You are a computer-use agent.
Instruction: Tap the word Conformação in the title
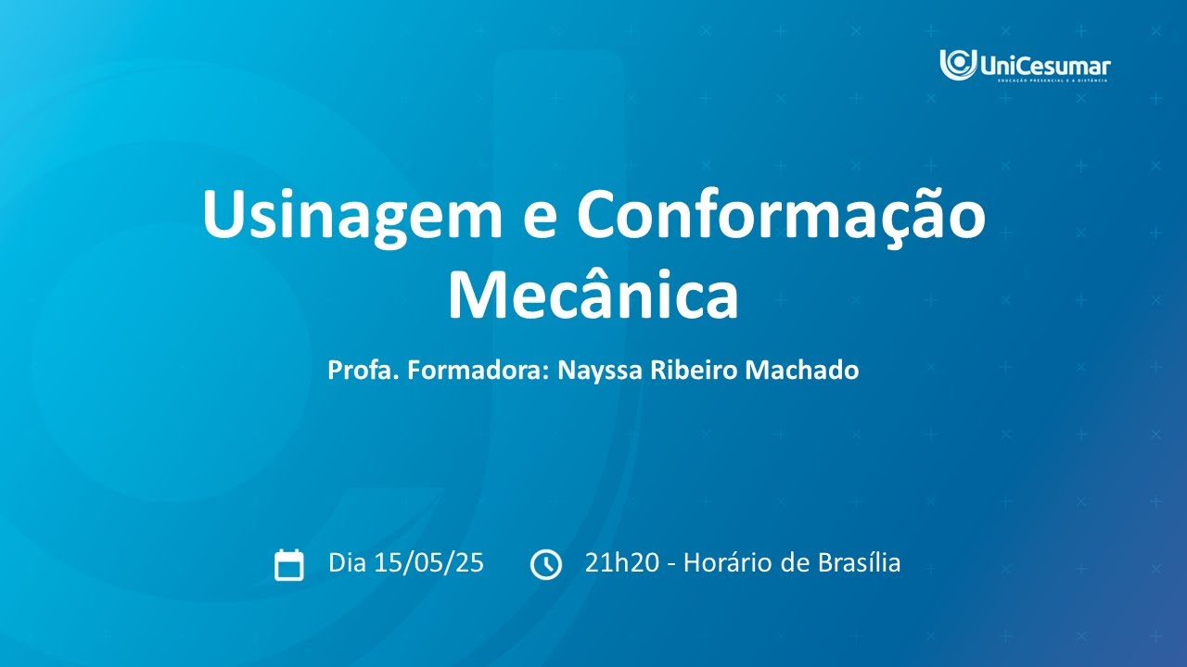click(x=781, y=216)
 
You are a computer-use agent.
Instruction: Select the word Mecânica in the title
click(x=593, y=295)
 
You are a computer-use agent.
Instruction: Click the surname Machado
click(x=806, y=371)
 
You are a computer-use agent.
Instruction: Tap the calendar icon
click(x=289, y=564)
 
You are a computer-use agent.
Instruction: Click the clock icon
click(x=545, y=564)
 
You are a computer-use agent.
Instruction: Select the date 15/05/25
click(x=429, y=563)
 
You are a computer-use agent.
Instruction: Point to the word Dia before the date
click(x=349, y=563)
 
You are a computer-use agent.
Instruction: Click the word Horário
click(x=725, y=563)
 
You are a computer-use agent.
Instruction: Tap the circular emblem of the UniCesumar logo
click(x=958, y=64)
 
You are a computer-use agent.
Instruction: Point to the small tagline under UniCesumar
click(x=1053, y=81)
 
